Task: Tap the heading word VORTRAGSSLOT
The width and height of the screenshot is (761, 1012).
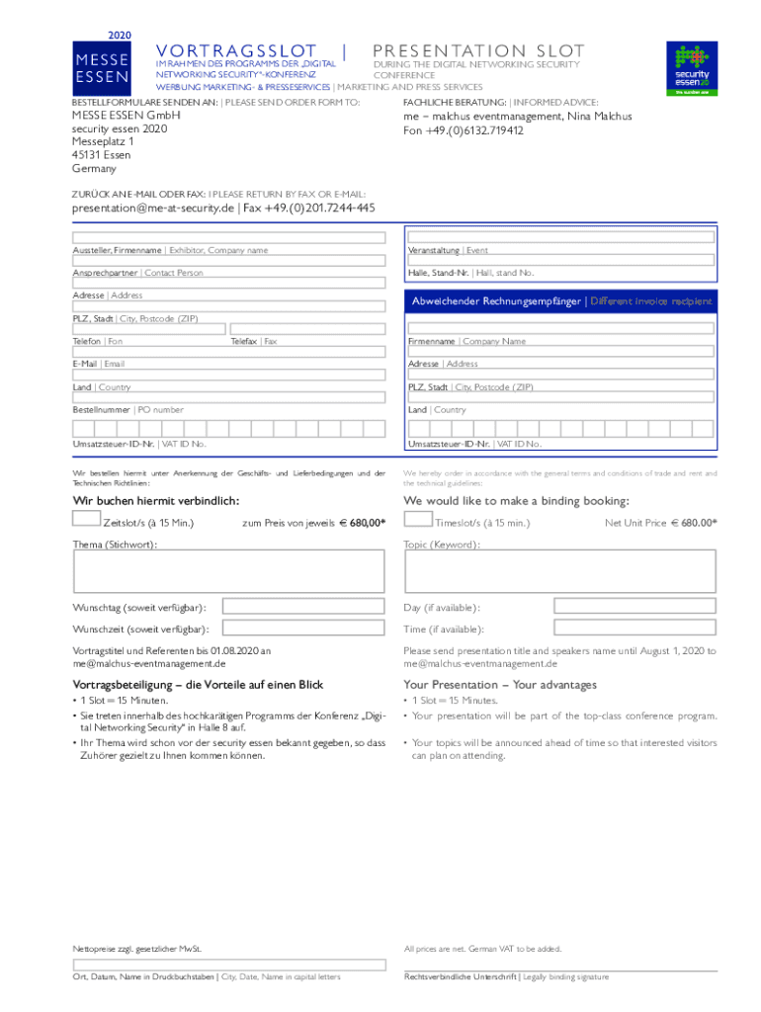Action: tap(237, 51)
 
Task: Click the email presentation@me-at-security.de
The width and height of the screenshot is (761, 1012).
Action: tap(153, 209)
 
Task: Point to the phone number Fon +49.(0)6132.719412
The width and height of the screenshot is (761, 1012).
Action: tap(464, 130)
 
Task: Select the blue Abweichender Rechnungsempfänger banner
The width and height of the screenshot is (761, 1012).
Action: tap(560, 301)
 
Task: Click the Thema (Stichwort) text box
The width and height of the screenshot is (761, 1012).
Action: tap(228, 571)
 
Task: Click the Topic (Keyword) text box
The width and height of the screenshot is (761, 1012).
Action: tap(560, 571)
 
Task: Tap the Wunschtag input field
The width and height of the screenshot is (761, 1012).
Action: tap(303, 607)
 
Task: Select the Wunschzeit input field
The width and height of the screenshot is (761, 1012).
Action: tap(303, 629)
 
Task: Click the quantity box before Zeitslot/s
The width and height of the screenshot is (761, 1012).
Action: tap(86, 520)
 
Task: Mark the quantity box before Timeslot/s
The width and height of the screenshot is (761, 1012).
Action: tap(418, 520)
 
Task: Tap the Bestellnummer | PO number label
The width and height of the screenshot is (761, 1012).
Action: tap(127, 409)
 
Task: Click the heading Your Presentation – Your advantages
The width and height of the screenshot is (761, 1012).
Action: tap(500, 685)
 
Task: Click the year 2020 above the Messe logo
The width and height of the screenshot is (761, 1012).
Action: tap(118, 34)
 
